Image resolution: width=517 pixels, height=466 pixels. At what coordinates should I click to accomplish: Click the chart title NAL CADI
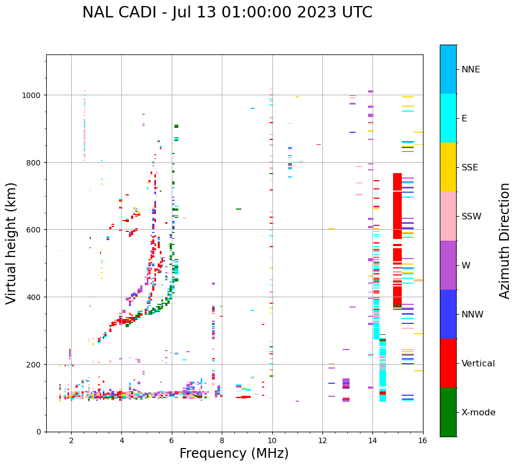pyautogui.click(x=227, y=13)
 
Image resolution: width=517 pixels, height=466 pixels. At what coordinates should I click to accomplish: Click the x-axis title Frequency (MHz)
pyautogui.click(x=234, y=453)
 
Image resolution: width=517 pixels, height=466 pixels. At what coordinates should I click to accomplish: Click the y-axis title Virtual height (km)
pyautogui.click(x=12, y=243)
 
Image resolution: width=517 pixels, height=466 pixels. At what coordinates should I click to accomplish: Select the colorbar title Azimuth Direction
pyautogui.click(x=505, y=241)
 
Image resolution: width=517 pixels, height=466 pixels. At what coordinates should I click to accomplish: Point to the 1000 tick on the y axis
pyautogui.click(x=35, y=95)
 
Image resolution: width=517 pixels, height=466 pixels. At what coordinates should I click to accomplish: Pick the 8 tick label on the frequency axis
pyautogui.click(x=222, y=440)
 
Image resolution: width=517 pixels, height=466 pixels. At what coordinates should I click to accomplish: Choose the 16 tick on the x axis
pyautogui.click(x=423, y=440)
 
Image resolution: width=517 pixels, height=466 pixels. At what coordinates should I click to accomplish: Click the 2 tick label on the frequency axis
pyautogui.click(x=71, y=440)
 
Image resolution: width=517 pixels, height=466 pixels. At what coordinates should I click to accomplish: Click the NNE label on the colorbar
pyautogui.click(x=471, y=69)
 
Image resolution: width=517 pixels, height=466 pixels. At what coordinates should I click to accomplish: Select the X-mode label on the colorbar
pyautogui.click(x=478, y=413)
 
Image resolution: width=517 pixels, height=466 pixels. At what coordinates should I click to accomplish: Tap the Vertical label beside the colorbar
pyautogui.click(x=478, y=364)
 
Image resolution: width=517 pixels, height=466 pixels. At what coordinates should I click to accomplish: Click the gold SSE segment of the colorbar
pyautogui.click(x=448, y=167)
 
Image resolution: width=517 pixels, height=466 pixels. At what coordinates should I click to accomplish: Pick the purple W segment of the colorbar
pyautogui.click(x=448, y=265)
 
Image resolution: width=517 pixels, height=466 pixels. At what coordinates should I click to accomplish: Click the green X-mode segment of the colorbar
pyautogui.click(x=448, y=412)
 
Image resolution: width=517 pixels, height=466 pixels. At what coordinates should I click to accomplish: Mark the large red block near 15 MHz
pyautogui.click(x=397, y=240)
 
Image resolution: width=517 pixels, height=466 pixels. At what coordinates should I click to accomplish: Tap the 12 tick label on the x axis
pyautogui.click(x=322, y=440)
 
